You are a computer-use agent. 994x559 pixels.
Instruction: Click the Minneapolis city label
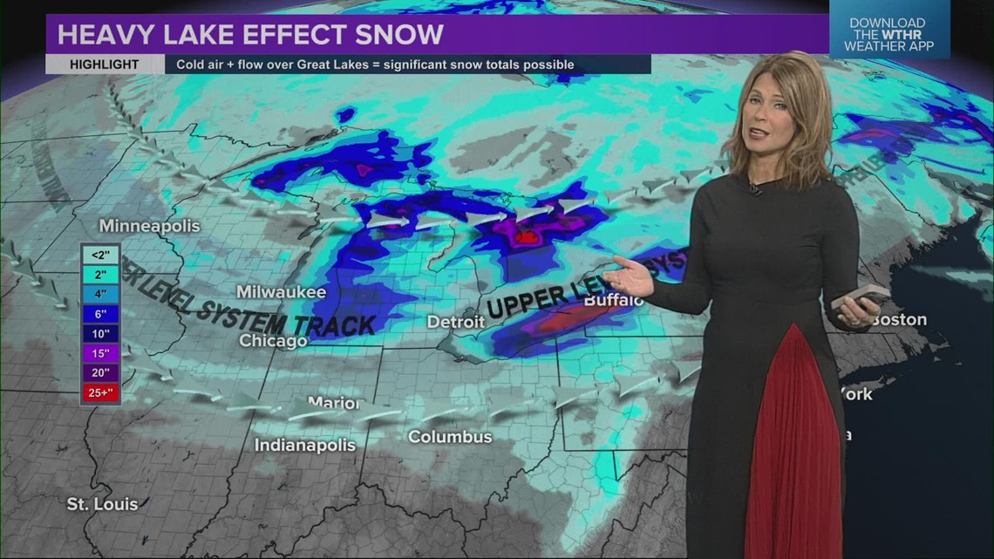pyautogui.click(x=149, y=226)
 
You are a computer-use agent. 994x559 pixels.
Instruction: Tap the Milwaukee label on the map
pyautogui.click(x=281, y=292)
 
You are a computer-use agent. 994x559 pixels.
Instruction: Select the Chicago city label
pyautogui.click(x=273, y=341)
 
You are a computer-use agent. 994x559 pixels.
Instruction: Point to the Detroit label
pyautogui.click(x=455, y=322)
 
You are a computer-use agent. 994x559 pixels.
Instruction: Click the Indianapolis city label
pyautogui.click(x=305, y=446)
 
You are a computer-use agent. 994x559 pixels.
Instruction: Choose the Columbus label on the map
pyautogui.click(x=450, y=437)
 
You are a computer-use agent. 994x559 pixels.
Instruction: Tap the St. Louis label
pyautogui.click(x=102, y=504)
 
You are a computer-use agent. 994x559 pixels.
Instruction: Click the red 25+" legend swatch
pyautogui.click(x=99, y=392)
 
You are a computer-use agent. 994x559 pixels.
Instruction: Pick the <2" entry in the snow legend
pyautogui.click(x=99, y=256)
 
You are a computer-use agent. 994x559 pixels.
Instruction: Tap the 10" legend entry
pyautogui.click(x=99, y=333)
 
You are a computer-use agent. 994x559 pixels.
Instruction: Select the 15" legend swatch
pyautogui.click(x=99, y=353)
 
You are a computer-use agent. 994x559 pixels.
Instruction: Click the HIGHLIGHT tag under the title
pyautogui.click(x=105, y=65)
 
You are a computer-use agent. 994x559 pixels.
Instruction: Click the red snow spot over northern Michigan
pyautogui.click(x=526, y=236)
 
